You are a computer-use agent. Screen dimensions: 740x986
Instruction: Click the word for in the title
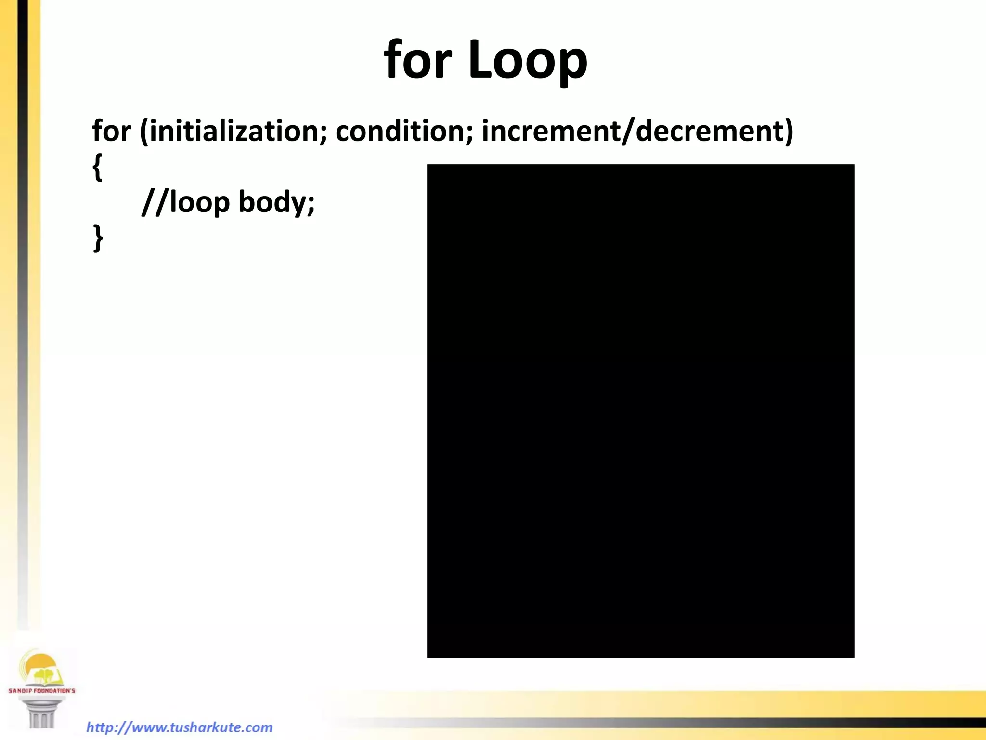coord(417,59)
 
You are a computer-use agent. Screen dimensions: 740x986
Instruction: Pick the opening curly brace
coord(97,167)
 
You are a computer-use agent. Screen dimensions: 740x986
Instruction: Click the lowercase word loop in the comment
coord(199,202)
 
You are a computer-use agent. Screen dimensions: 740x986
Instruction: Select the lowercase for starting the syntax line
coord(111,131)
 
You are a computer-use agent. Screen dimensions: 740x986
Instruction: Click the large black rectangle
coord(640,410)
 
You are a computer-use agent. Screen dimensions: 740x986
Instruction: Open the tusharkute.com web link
coord(179,727)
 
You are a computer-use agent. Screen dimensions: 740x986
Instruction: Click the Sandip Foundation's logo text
coord(42,690)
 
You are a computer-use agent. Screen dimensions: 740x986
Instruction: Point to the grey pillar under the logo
coord(41,713)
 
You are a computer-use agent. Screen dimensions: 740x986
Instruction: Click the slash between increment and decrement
coord(627,131)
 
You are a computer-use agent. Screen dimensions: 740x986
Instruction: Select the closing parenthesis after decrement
coord(788,131)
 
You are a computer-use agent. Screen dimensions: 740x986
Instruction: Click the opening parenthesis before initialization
coord(144,131)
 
